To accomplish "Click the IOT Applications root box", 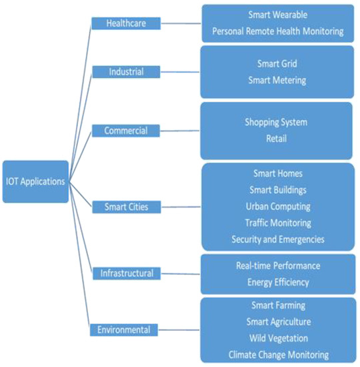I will click(35, 181).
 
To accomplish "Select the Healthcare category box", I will click(126, 23).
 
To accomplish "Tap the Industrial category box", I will click(126, 71).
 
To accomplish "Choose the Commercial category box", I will click(126, 131).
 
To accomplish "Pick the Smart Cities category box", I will click(126, 207).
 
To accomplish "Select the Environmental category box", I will click(126, 329).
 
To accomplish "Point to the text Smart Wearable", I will click(277, 14).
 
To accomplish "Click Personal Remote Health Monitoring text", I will click(277, 31).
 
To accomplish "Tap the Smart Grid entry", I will click(277, 64).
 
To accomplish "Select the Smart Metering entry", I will click(277, 80).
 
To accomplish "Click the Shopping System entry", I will click(277, 123).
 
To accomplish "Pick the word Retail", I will click(277, 139).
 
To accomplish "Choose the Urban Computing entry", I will click(277, 206).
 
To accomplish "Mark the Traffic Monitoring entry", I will click(277, 223).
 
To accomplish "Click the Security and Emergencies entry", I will click(277, 239).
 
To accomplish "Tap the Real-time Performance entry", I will click(277, 266).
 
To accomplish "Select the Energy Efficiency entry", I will click(277, 282).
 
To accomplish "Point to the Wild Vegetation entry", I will click(277, 338).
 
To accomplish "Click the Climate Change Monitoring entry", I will click(277, 354).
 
